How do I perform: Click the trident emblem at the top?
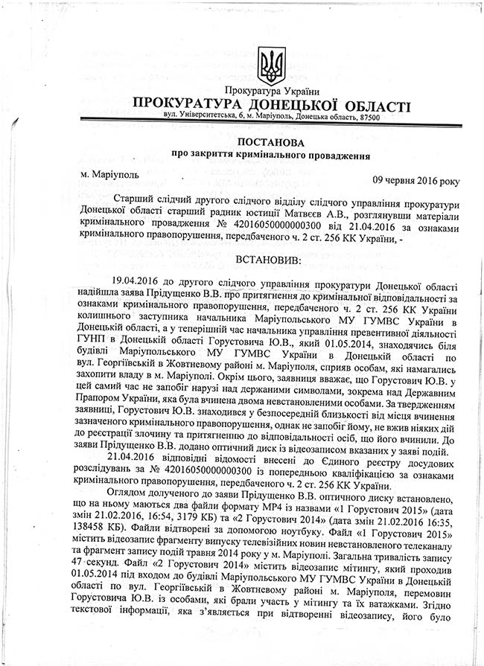click(x=271, y=66)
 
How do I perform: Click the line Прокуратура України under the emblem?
click(x=271, y=92)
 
